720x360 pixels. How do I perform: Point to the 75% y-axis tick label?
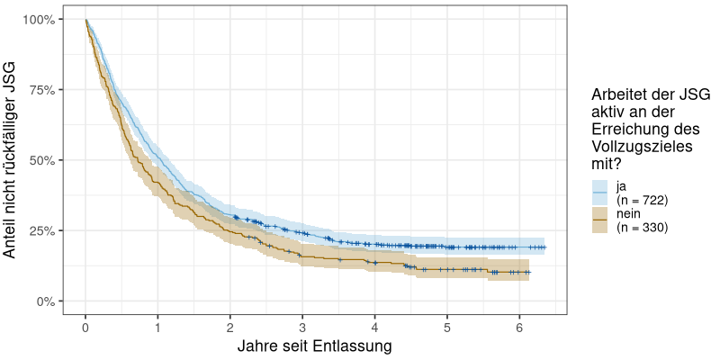tap(40, 90)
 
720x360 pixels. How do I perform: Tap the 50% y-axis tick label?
tap(40, 160)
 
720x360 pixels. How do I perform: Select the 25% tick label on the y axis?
tap(40, 230)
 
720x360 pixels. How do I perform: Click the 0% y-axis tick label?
tap(44, 301)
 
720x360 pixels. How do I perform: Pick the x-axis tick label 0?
tap(85, 327)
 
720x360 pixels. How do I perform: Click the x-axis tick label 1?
tap(157, 327)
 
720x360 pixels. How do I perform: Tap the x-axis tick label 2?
tap(230, 327)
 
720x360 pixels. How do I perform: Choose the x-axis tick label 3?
tap(302, 327)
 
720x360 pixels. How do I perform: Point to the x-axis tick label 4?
tap(375, 327)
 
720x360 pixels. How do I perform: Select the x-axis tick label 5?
tap(447, 327)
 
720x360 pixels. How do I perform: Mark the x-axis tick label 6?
tap(520, 327)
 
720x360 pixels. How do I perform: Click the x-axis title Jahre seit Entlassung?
tap(314, 346)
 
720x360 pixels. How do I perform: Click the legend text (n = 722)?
tap(641, 200)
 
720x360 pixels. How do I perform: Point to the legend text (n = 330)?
tap(641, 228)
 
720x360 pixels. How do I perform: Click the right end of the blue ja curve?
tap(544, 247)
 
